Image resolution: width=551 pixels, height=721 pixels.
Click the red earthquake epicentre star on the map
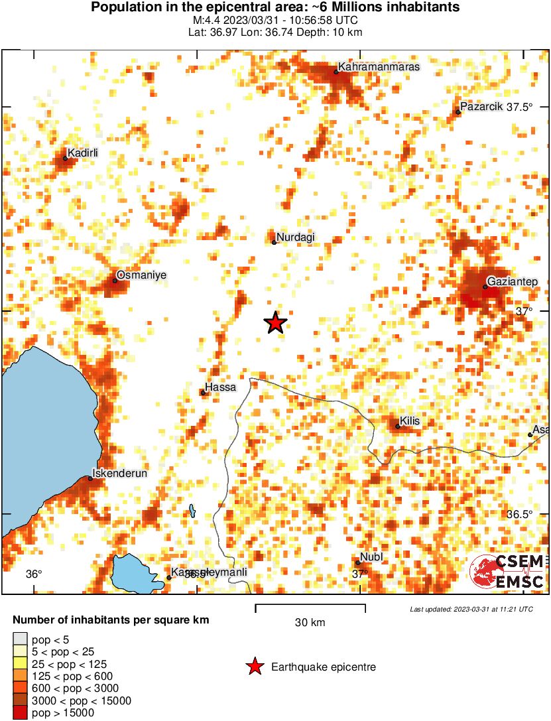[x=275, y=323]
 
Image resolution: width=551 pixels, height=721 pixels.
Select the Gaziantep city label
[x=513, y=282]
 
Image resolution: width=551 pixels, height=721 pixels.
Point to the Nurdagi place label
[x=296, y=237]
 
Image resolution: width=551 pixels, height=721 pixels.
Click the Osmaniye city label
[x=141, y=275]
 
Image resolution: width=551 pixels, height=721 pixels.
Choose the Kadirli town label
[x=83, y=153]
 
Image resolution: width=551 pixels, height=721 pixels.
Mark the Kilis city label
[x=410, y=421]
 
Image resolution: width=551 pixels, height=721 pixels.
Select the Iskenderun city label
[x=119, y=473]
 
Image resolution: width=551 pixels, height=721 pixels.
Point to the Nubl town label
[x=371, y=557]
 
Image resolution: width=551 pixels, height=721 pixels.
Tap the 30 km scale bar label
[x=310, y=622]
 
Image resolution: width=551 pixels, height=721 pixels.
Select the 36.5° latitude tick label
[x=520, y=515]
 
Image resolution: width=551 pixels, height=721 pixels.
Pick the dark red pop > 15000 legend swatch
[x=20, y=712]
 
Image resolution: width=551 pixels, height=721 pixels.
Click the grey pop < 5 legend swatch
[x=20, y=639]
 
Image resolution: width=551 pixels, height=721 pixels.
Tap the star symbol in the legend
[x=255, y=667]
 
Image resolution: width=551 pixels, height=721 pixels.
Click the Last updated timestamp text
[x=471, y=609]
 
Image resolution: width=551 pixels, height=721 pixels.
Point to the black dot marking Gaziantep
[x=485, y=287]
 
